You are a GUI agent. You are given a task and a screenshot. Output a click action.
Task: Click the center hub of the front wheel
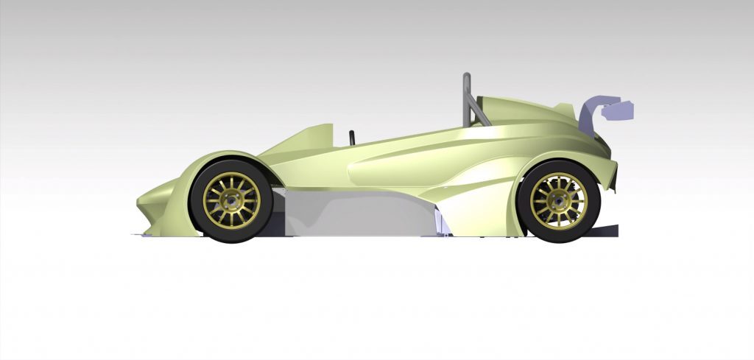(231, 200)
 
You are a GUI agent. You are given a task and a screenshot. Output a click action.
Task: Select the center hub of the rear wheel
(559, 201)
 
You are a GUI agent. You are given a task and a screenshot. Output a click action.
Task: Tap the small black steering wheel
(352, 137)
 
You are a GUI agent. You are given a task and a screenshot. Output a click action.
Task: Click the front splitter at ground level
(147, 235)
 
